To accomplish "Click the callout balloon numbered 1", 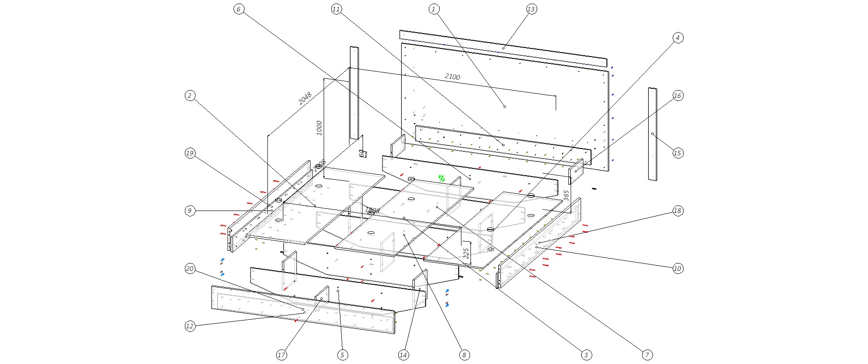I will (x=434, y=9).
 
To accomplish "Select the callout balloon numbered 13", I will (x=531, y=9).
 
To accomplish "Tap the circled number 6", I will (x=239, y=9).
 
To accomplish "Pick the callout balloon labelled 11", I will (x=336, y=9).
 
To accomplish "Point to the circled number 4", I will (x=677, y=38).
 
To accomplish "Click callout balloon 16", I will (x=677, y=96).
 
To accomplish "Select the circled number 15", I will (x=677, y=153).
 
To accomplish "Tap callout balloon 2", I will (x=190, y=96).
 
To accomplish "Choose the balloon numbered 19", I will (x=190, y=153).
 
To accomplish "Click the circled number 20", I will (x=190, y=269).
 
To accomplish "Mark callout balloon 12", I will (x=190, y=326).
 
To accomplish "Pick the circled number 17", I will (x=281, y=355).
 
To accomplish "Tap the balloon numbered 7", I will (x=647, y=355).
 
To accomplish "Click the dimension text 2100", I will (x=452, y=77).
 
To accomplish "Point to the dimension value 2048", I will (x=305, y=98).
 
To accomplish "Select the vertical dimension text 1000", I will (x=319, y=128).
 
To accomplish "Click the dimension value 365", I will (x=566, y=195).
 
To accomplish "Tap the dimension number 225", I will (x=466, y=253).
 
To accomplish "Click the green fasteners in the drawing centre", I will (x=441, y=178).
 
